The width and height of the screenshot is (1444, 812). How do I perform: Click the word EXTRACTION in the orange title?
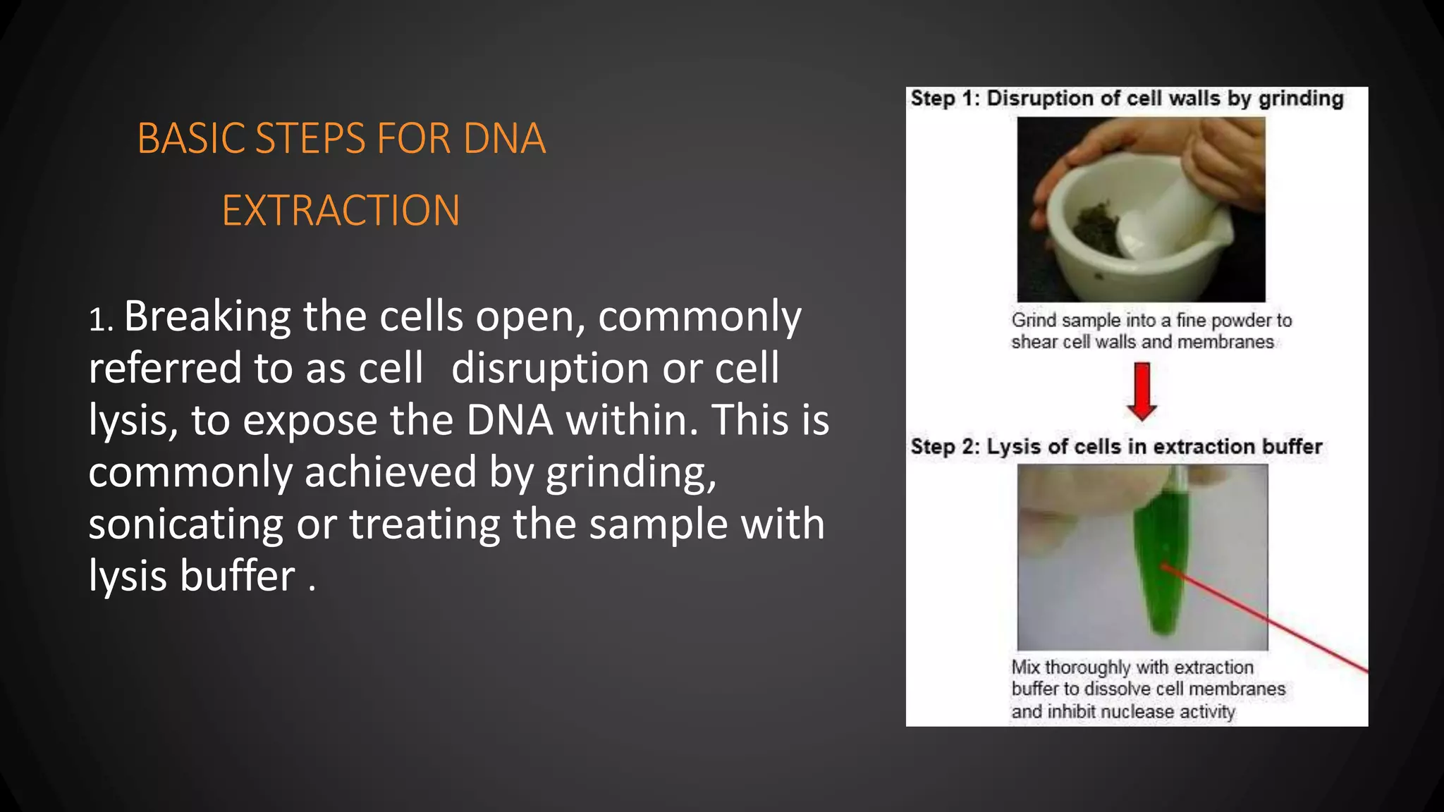point(341,211)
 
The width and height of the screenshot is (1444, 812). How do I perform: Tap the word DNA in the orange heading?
point(504,138)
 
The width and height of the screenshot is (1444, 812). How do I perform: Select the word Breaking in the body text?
point(207,316)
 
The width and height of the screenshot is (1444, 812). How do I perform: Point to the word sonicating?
point(185,524)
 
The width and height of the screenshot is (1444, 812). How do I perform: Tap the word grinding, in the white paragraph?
point(631,472)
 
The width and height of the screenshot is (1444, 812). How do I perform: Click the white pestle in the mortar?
point(1170,211)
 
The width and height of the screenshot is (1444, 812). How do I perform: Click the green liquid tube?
point(1160,557)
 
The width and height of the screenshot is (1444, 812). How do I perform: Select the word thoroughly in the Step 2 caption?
point(1088,668)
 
